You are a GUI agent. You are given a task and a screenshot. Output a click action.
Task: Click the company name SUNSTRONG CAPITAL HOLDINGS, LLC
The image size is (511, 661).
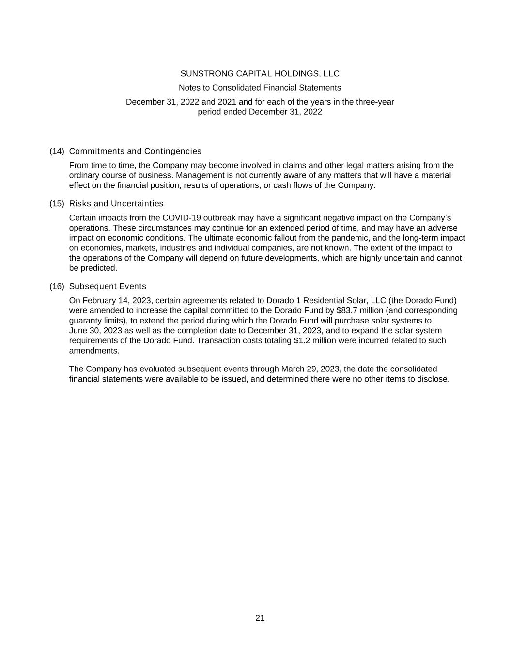click(260, 74)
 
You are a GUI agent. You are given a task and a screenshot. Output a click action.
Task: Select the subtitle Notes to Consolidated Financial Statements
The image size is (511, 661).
click(260, 88)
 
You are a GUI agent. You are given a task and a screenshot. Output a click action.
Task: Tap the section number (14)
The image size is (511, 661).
click(57, 151)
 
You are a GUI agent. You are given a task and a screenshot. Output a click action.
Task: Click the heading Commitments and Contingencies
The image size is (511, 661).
click(135, 151)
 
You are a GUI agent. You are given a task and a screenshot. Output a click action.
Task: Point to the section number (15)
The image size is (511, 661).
click(57, 204)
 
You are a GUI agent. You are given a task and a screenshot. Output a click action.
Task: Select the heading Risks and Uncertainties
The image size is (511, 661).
click(116, 204)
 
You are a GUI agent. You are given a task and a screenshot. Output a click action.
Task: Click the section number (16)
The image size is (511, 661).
click(57, 286)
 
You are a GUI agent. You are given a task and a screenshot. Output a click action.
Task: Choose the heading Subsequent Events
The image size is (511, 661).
click(108, 286)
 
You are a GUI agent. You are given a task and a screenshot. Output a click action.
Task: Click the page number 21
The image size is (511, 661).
click(260, 618)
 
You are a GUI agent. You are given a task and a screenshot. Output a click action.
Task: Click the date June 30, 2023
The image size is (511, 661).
click(95, 331)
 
